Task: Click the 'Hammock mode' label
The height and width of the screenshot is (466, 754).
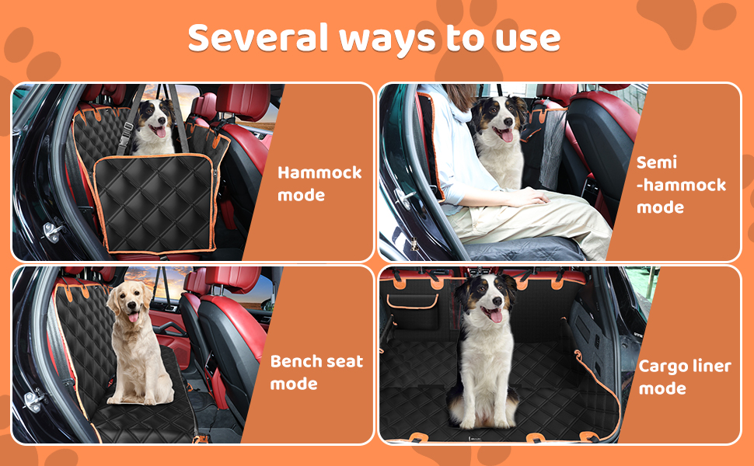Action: (x=319, y=183)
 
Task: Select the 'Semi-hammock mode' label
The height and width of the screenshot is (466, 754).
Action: (x=681, y=185)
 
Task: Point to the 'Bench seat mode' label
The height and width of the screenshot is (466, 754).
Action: (x=316, y=373)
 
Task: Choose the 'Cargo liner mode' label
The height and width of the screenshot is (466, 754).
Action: (x=685, y=377)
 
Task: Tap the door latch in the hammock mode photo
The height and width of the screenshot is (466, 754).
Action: (x=52, y=231)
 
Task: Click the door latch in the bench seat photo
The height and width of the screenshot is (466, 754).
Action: (x=33, y=400)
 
